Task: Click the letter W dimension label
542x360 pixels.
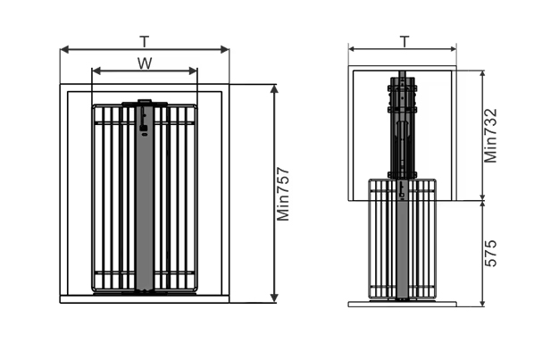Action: (145, 62)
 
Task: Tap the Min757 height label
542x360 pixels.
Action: (284, 193)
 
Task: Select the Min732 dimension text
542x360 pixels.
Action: (491, 135)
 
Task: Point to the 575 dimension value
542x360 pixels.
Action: (491, 253)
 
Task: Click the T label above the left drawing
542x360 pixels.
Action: (145, 41)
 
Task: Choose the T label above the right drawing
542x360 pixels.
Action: (404, 41)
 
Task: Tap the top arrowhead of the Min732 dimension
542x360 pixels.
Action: (482, 73)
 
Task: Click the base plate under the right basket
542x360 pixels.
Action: (404, 304)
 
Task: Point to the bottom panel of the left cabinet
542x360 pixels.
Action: (145, 298)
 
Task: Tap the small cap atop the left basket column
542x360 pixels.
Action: (145, 102)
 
